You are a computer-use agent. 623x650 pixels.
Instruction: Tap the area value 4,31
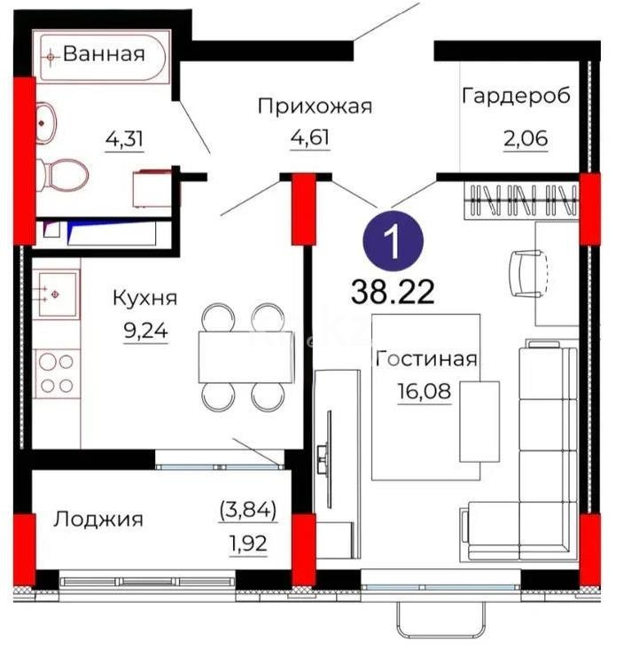point(124,138)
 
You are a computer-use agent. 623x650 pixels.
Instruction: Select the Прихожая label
point(315,106)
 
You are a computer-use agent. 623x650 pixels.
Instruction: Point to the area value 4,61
point(309,137)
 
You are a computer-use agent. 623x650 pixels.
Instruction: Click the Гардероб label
point(515,96)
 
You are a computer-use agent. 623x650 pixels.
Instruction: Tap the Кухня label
point(145,298)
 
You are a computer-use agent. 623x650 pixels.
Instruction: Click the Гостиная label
point(426,359)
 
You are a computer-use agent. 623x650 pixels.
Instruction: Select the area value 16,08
point(424,391)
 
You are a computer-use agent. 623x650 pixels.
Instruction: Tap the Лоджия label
point(98,519)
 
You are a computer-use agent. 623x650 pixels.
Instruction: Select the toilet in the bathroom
point(61,175)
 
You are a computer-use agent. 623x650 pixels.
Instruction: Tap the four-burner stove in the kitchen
point(57,373)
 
